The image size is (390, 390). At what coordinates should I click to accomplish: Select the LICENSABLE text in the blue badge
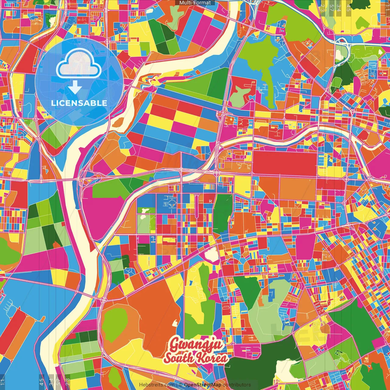pyautogui.click(x=79, y=103)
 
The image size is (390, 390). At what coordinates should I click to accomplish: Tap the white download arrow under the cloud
pyautogui.click(x=75, y=88)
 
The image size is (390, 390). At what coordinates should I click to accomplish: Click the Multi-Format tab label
pyautogui.click(x=195, y=3)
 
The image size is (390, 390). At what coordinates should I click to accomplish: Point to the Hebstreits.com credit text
pyautogui.click(x=157, y=385)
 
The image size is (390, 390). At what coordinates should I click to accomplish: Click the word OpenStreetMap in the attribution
pyautogui.click(x=203, y=385)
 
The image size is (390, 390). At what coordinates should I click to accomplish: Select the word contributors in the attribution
pyautogui.click(x=237, y=385)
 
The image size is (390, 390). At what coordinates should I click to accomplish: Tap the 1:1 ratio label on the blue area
pyautogui.click(x=2, y=382)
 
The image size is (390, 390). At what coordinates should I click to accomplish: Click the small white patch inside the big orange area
pyautogui.click(x=175, y=323)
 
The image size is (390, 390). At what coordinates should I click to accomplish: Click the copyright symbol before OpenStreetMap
pyautogui.click(x=180, y=385)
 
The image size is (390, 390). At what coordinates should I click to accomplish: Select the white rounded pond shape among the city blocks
pyautogui.click(x=211, y=254)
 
